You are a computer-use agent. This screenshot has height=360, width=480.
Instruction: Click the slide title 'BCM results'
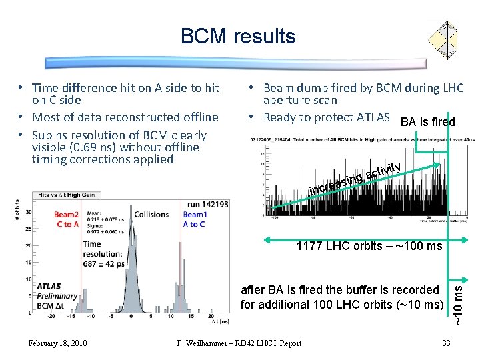[237, 35]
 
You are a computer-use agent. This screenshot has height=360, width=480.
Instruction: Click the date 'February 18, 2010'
[57, 343]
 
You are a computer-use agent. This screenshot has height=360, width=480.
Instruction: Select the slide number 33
[447, 343]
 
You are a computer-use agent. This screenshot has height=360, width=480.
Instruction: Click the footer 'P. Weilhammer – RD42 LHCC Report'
[239, 343]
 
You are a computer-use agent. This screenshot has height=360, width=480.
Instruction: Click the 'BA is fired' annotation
[427, 122]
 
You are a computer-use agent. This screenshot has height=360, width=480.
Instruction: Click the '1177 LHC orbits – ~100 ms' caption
[369, 246]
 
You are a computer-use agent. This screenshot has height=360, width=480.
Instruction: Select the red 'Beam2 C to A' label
[67, 219]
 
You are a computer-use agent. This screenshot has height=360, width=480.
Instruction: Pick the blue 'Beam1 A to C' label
[195, 219]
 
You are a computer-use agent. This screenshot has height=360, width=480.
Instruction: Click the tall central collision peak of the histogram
[134, 267]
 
